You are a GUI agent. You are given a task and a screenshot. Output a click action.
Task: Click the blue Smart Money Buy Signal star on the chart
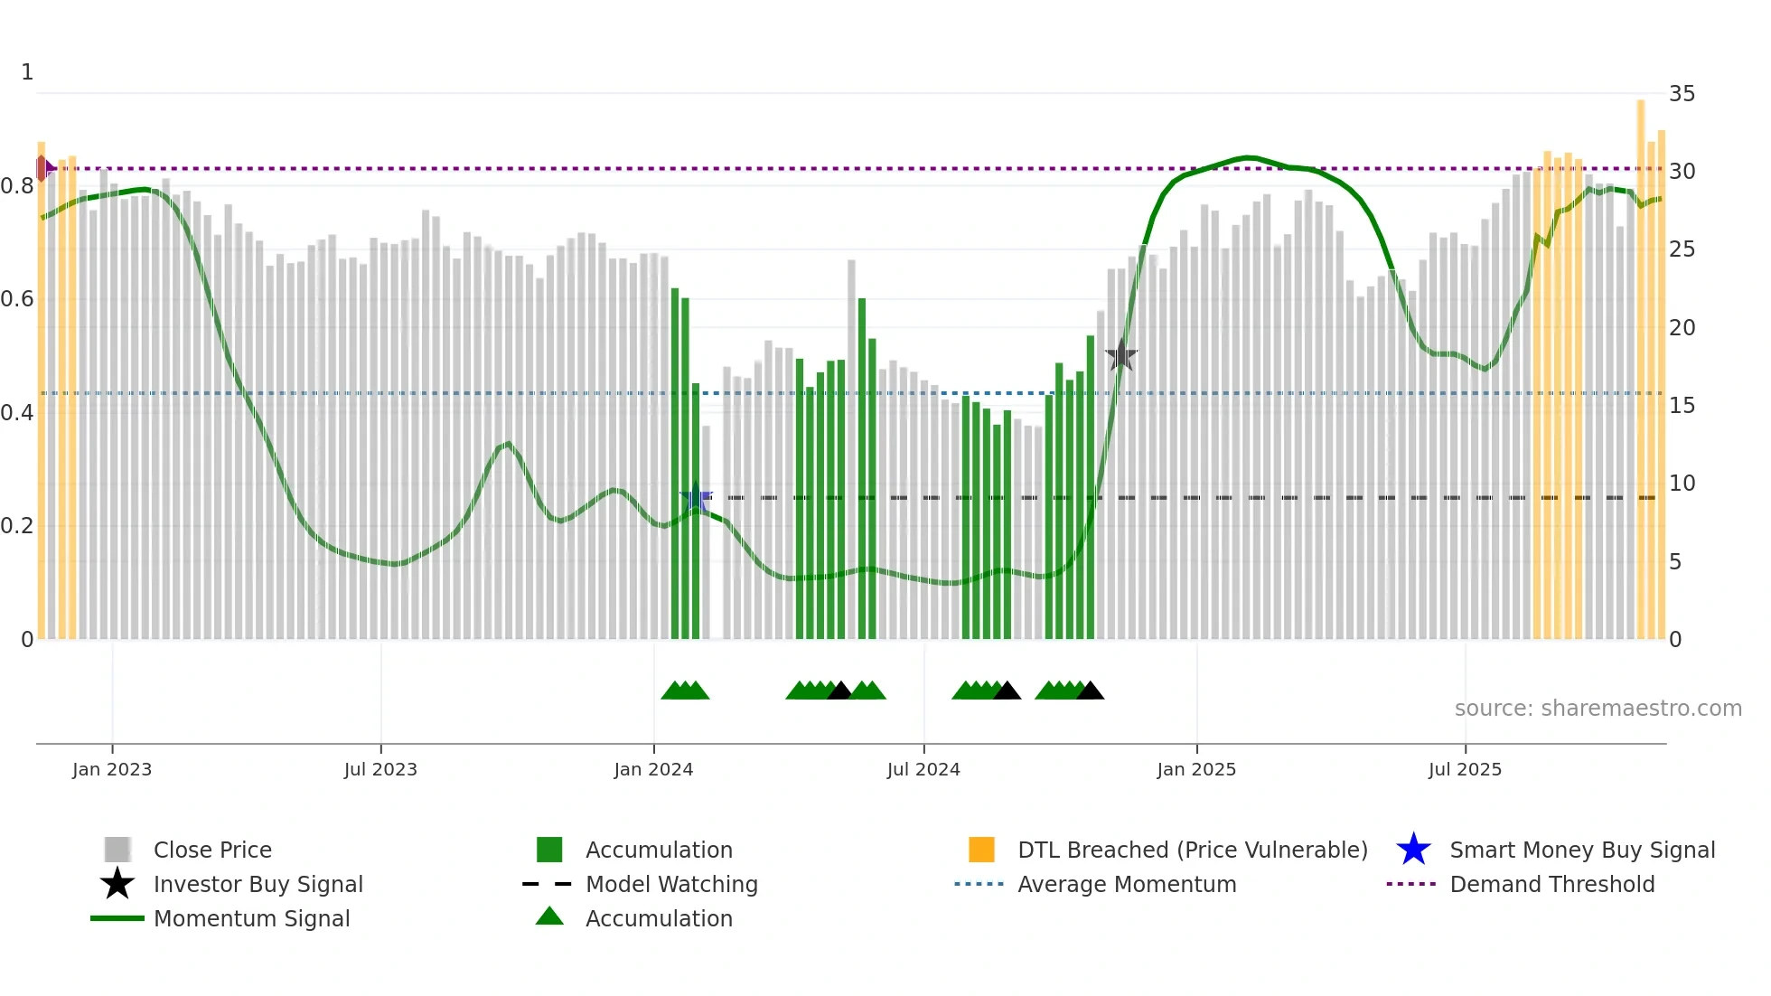pos(696,498)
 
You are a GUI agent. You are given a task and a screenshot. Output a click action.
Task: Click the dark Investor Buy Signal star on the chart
pos(1120,355)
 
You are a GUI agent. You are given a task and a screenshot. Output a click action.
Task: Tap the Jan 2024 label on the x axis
pos(653,769)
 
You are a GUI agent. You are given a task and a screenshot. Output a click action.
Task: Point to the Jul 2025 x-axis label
pos(1465,769)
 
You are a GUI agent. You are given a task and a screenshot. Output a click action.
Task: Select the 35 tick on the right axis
pos(1682,93)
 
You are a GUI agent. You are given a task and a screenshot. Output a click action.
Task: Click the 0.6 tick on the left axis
pos(17,298)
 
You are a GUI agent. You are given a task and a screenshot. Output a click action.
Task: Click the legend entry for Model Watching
pos(671,884)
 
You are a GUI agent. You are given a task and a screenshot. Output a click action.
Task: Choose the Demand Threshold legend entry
pos(1551,884)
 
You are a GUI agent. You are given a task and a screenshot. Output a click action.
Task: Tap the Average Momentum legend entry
pos(1126,884)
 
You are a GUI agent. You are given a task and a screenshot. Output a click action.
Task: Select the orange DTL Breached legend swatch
pos(981,850)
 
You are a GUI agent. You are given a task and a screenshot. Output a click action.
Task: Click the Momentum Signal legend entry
pos(251,918)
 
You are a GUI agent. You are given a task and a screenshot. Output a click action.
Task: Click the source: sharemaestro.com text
pos(1598,708)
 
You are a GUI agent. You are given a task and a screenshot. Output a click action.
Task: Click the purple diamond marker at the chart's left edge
pos(42,168)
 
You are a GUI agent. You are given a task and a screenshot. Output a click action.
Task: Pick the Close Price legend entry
pos(212,850)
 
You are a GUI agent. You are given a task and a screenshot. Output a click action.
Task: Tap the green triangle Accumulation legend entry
pos(659,918)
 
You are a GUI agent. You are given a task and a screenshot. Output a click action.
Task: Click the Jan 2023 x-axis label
pos(112,769)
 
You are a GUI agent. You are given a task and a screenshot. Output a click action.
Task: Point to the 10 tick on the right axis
pos(1682,483)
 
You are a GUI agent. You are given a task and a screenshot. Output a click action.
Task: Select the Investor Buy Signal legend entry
pos(258,884)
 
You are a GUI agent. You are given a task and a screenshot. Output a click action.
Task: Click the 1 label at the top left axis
pos(27,71)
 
